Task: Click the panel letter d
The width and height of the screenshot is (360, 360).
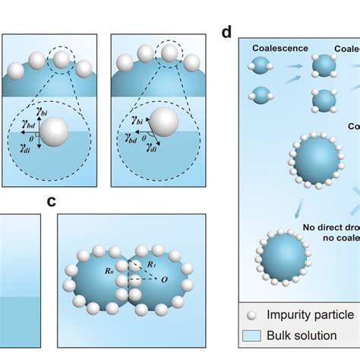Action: click(x=226, y=33)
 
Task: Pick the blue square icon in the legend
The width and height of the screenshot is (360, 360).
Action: click(x=254, y=336)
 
